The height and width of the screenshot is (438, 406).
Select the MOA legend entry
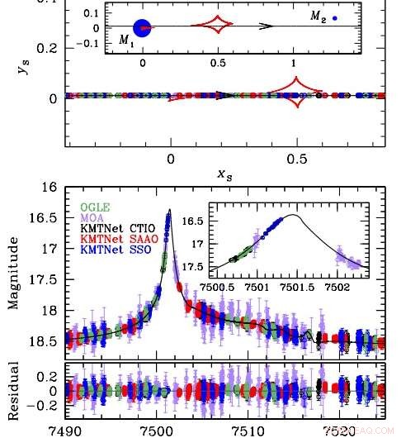pos(92,217)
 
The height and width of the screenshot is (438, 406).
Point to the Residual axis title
pos(13,389)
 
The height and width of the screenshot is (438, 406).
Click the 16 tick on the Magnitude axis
pos(50,188)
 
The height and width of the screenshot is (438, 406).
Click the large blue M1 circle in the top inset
pos(142,27)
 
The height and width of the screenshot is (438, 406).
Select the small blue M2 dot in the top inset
pos(335,17)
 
